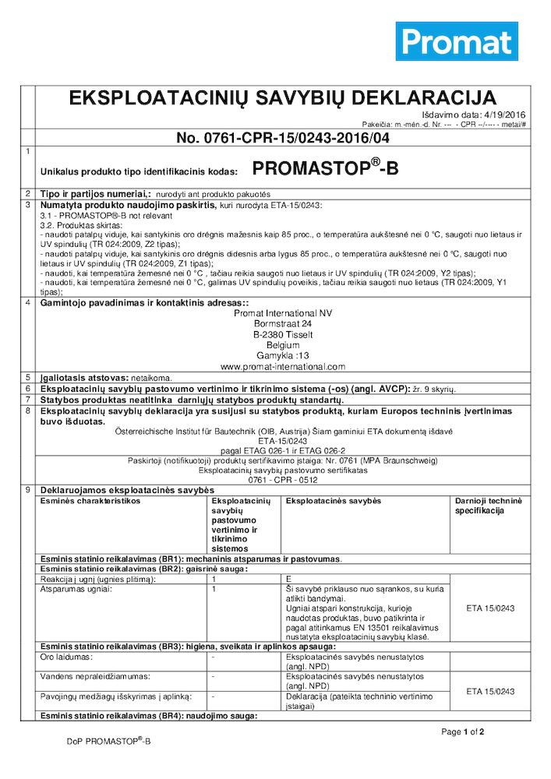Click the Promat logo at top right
[x=457, y=41]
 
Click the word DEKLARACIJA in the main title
[x=425, y=98]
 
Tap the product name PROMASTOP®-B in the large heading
[x=325, y=167]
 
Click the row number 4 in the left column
[x=28, y=301]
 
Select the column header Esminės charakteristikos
[x=90, y=500]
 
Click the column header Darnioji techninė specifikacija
[x=489, y=505]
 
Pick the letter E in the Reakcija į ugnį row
[x=289, y=580]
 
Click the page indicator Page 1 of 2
[x=463, y=732]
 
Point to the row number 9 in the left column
[x=28, y=489]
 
